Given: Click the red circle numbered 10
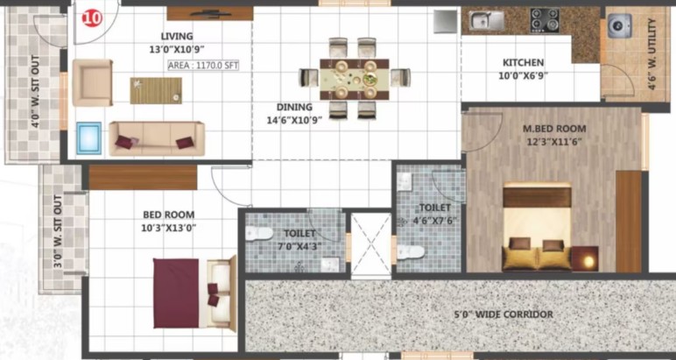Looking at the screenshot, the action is [92, 18].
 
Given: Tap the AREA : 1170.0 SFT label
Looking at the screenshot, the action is [203, 66].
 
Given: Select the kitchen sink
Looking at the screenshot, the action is [486, 20].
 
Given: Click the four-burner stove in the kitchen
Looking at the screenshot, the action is [545, 20].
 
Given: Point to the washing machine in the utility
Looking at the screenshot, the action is [620, 25].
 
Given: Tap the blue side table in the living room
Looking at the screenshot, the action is [89, 138].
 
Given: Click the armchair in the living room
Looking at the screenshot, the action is [92, 83].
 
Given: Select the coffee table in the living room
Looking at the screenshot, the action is [156, 90].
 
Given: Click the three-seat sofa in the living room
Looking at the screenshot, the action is [157, 138].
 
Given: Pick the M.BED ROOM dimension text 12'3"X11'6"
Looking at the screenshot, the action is [554, 141].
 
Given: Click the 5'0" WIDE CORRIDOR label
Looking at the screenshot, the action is [503, 314].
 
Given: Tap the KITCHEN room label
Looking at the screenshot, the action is [524, 63].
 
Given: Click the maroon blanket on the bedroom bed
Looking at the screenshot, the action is [176, 293].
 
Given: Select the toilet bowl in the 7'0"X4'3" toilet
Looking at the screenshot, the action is [259, 234].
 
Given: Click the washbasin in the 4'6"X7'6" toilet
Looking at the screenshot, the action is [405, 182].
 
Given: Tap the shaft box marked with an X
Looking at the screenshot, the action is [370, 244].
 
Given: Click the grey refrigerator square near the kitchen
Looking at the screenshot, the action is [446, 21].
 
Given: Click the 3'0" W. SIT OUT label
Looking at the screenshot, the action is [58, 231].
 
